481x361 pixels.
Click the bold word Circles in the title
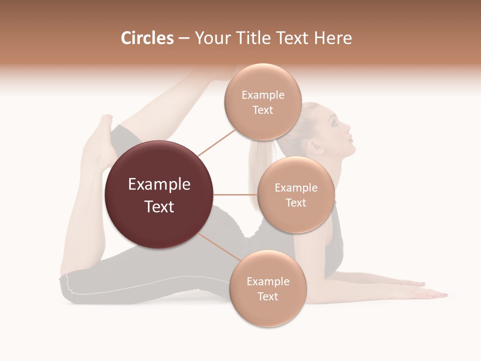(147, 38)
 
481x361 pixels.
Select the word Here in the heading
(335, 38)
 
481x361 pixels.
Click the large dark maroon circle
(159, 195)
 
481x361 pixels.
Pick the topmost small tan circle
(263, 102)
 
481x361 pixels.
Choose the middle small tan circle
(296, 195)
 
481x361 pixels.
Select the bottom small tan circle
(268, 288)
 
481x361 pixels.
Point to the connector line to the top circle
(216, 142)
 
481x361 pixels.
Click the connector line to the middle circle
(235, 195)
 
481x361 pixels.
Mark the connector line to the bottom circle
(218, 246)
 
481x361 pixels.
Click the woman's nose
(349, 129)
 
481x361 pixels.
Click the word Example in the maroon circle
(159, 185)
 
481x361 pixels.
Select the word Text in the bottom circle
(268, 296)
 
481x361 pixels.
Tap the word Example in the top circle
(263, 95)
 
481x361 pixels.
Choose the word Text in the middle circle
(296, 203)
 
